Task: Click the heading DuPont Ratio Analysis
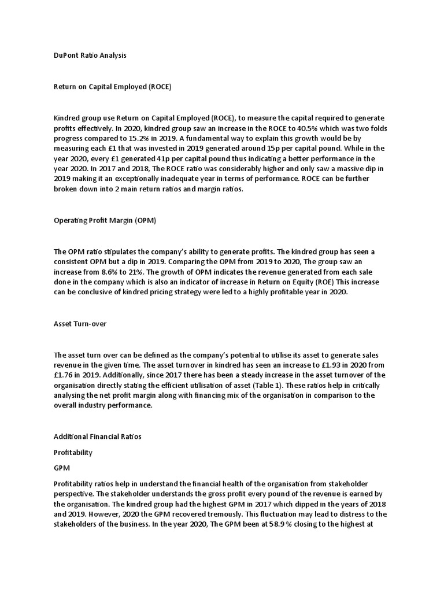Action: point(90,55)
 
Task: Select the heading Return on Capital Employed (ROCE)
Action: point(113,87)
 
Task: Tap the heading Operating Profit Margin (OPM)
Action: point(105,220)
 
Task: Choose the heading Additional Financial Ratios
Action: point(97,436)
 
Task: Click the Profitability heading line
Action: point(73,452)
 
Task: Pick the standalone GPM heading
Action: point(61,468)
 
